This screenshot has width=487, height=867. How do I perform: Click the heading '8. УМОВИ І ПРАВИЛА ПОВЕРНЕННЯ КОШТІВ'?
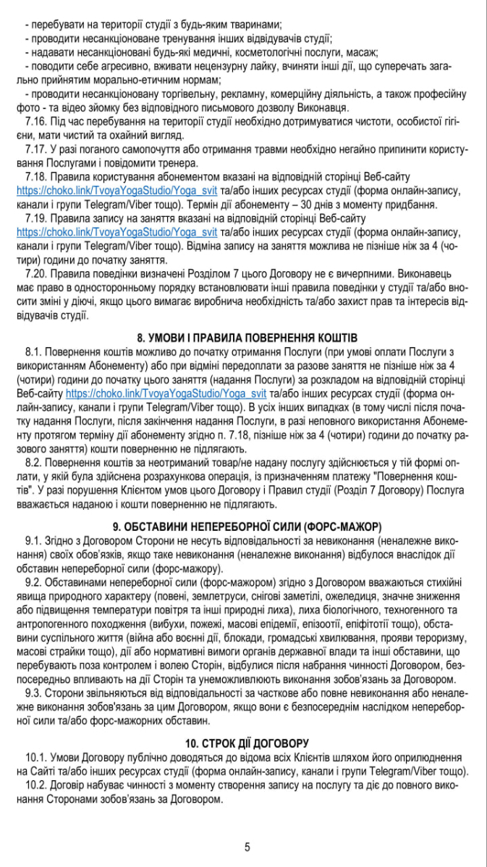[x=247, y=338]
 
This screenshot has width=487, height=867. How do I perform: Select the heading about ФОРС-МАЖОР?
[x=247, y=525]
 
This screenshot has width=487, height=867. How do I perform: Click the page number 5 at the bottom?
[x=247, y=847]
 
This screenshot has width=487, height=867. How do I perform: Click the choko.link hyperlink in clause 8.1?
[x=166, y=394]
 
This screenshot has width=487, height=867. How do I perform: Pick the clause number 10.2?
[x=36, y=785]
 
